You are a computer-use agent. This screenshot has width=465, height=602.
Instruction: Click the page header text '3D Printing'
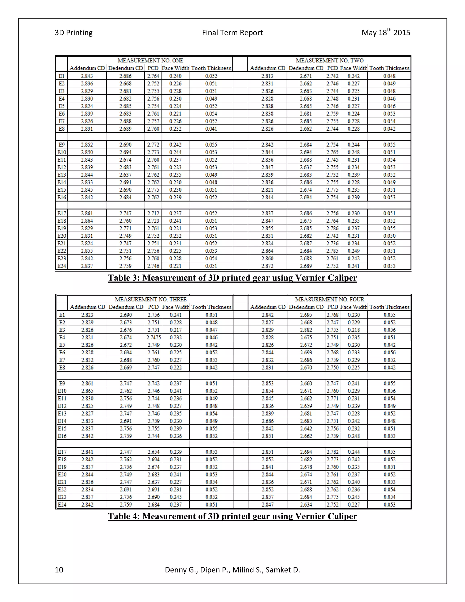(x=74, y=33)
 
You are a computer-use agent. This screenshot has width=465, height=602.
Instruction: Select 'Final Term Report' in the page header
(x=232, y=33)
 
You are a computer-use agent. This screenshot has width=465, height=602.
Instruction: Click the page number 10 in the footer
(x=59, y=570)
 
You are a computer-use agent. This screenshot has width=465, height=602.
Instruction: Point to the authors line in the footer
(x=232, y=570)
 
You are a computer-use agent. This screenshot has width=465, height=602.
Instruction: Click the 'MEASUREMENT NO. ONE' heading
(x=150, y=60)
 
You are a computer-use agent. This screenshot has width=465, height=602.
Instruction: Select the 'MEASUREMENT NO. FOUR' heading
(x=329, y=299)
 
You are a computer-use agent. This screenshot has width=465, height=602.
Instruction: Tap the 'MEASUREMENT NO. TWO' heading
(x=329, y=60)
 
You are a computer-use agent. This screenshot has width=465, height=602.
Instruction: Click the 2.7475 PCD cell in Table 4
(x=153, y=337)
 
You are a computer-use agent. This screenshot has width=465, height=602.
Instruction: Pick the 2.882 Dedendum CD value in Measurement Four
(x=306, y=330)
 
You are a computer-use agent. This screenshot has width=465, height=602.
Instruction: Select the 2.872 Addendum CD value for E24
(x=267, y=266)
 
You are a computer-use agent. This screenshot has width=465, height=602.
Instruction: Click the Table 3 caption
(x=232, y=278)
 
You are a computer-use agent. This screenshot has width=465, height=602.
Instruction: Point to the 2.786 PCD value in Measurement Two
(x=332, y=228)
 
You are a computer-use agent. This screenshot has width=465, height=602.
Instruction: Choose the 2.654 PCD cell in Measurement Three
(x=153, y=452)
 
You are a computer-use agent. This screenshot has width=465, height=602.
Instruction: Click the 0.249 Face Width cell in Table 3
(x=354, y=251)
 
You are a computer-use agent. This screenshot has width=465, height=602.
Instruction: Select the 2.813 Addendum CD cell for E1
(x=267, y=76)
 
